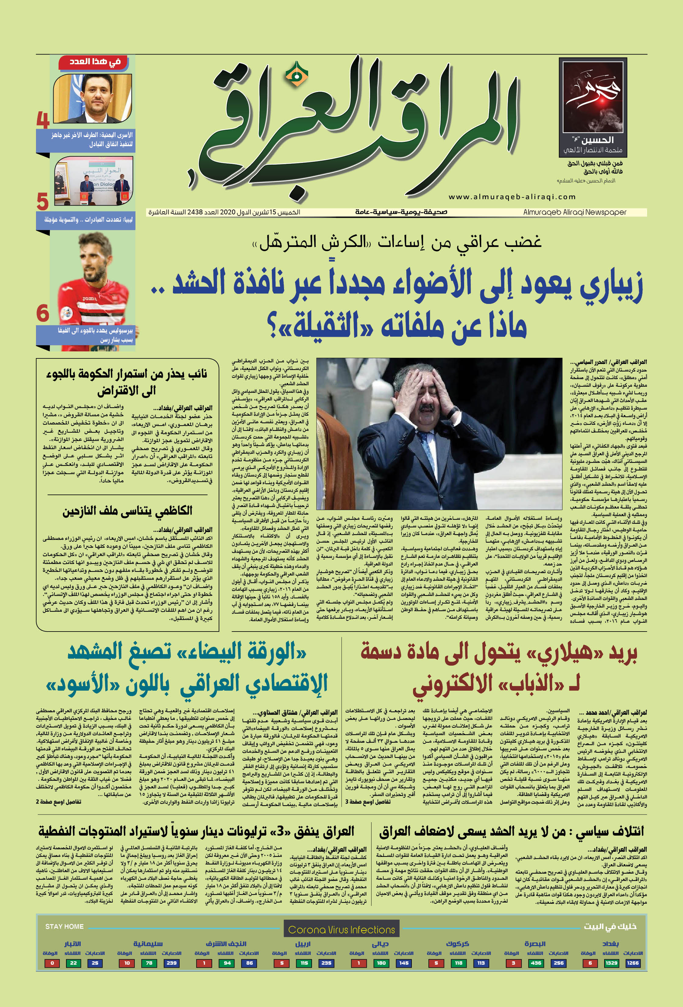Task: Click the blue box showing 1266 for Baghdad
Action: tap(632, 963)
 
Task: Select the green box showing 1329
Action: tap(611, 963)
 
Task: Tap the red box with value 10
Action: tap(127, 963)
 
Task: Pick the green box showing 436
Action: tap(536, 963)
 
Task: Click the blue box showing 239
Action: tap(171, 963)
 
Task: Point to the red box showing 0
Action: tap(52, 963)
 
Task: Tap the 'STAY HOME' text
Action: tap(64, 926)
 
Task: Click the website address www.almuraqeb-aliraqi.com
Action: tap(512, 197)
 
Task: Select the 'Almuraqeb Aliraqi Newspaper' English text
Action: tap(574, 212)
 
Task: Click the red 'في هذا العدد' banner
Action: tap(95, 62)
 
